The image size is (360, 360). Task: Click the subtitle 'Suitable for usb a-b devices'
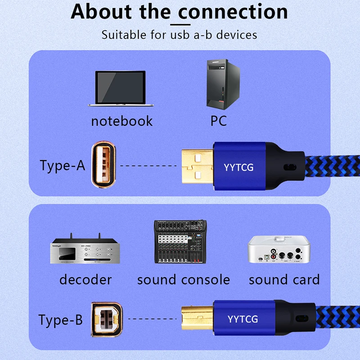[x=179, y=35]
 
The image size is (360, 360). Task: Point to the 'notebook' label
[x=121, y=121]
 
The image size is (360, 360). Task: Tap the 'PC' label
[x=218, y=121]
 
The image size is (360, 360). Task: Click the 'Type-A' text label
[x=62, y=165]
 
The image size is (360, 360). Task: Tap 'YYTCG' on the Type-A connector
[x=238, y=168]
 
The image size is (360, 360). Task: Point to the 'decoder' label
[x=85, y=279]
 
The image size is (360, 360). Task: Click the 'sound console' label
[x=183, y=279]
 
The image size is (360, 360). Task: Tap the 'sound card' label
[x=284, y=279]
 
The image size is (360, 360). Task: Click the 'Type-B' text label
[x=61, y=320]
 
